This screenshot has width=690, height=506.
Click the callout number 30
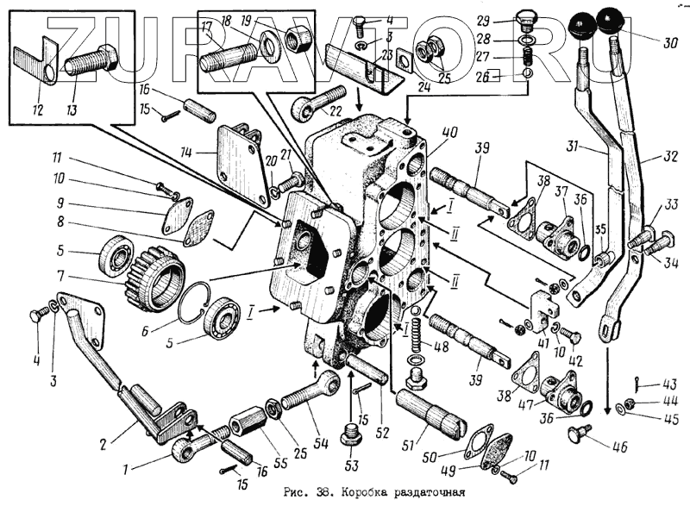click(668, 43)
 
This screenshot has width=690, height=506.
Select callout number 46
click(620, 446)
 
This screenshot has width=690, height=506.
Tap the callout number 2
click(103, 445)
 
